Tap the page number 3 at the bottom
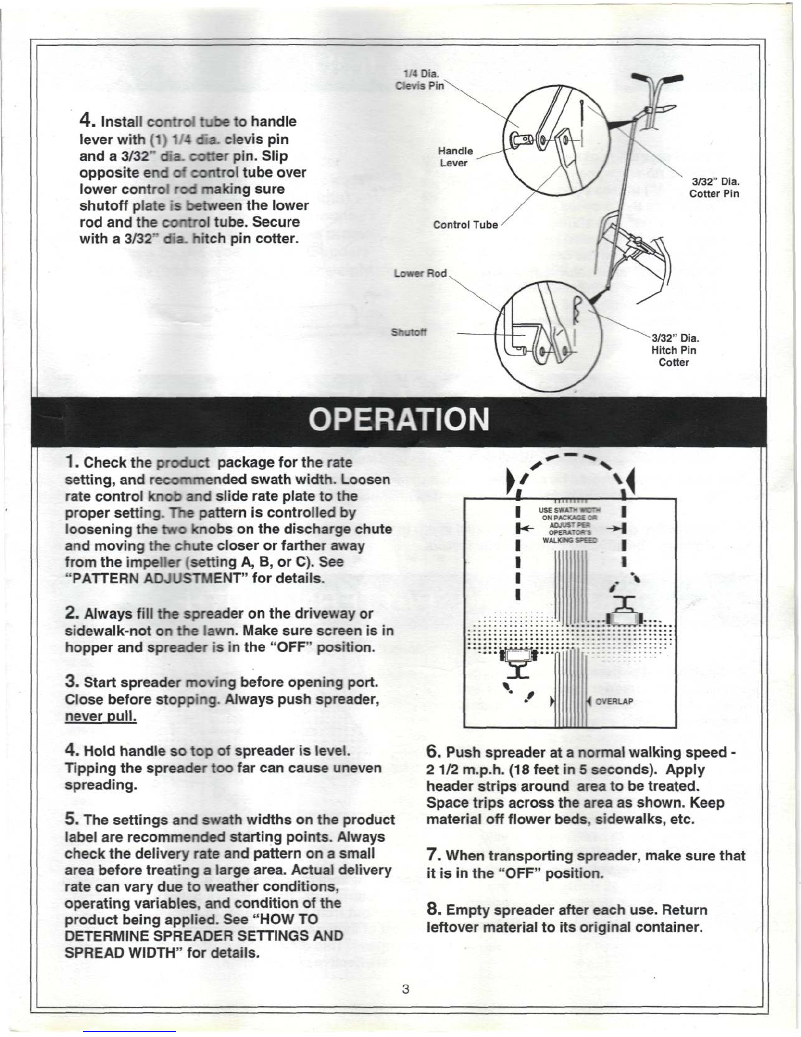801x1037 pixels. pos(406,989)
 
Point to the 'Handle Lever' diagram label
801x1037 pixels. pos(455,156)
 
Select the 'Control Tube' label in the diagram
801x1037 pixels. pos(465,225)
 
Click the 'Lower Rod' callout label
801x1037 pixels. pos(420,273)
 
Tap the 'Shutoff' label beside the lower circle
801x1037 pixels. pos(409,332)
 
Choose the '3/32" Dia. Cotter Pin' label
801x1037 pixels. pos(714,187)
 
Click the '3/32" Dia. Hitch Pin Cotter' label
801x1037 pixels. pos(674,350)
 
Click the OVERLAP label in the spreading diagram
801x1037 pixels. pos(614,702)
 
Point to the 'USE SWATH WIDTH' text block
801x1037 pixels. pos(568,525)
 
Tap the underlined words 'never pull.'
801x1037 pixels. pos(101,716)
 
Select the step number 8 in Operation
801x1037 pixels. pos(433,909)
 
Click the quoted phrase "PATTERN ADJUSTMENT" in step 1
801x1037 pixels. pos(133,579)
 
